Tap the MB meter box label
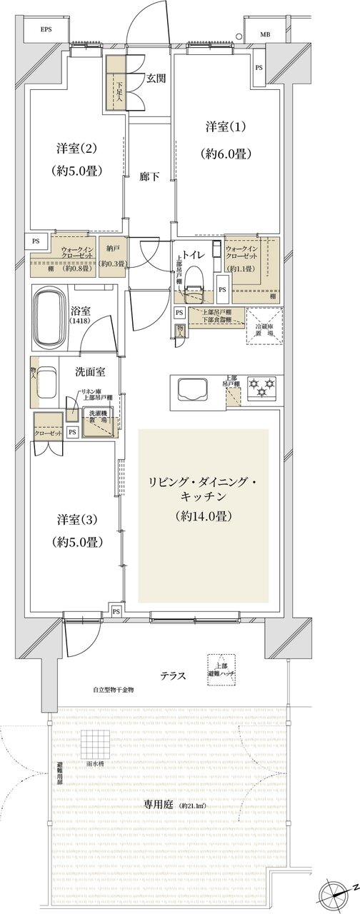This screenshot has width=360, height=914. (x=265, y=34)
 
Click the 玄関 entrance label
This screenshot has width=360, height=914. (x=156, y=79)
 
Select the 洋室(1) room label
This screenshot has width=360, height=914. (x=226, y=128)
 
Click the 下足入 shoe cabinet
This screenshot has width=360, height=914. (x=116, y=82)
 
